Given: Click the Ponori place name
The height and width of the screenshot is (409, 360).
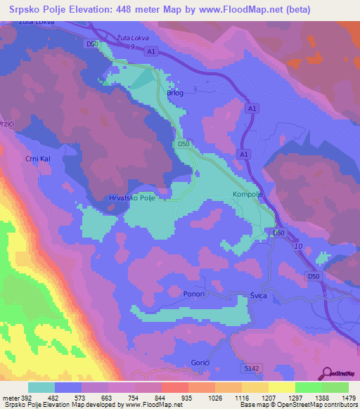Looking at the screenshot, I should (193, 293).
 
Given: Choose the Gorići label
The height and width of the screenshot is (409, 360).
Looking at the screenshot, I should (200, 362).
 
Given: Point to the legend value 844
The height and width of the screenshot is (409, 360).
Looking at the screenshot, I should (160, 397).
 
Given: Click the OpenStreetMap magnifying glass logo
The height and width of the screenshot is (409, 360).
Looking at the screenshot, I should (327, 374).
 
